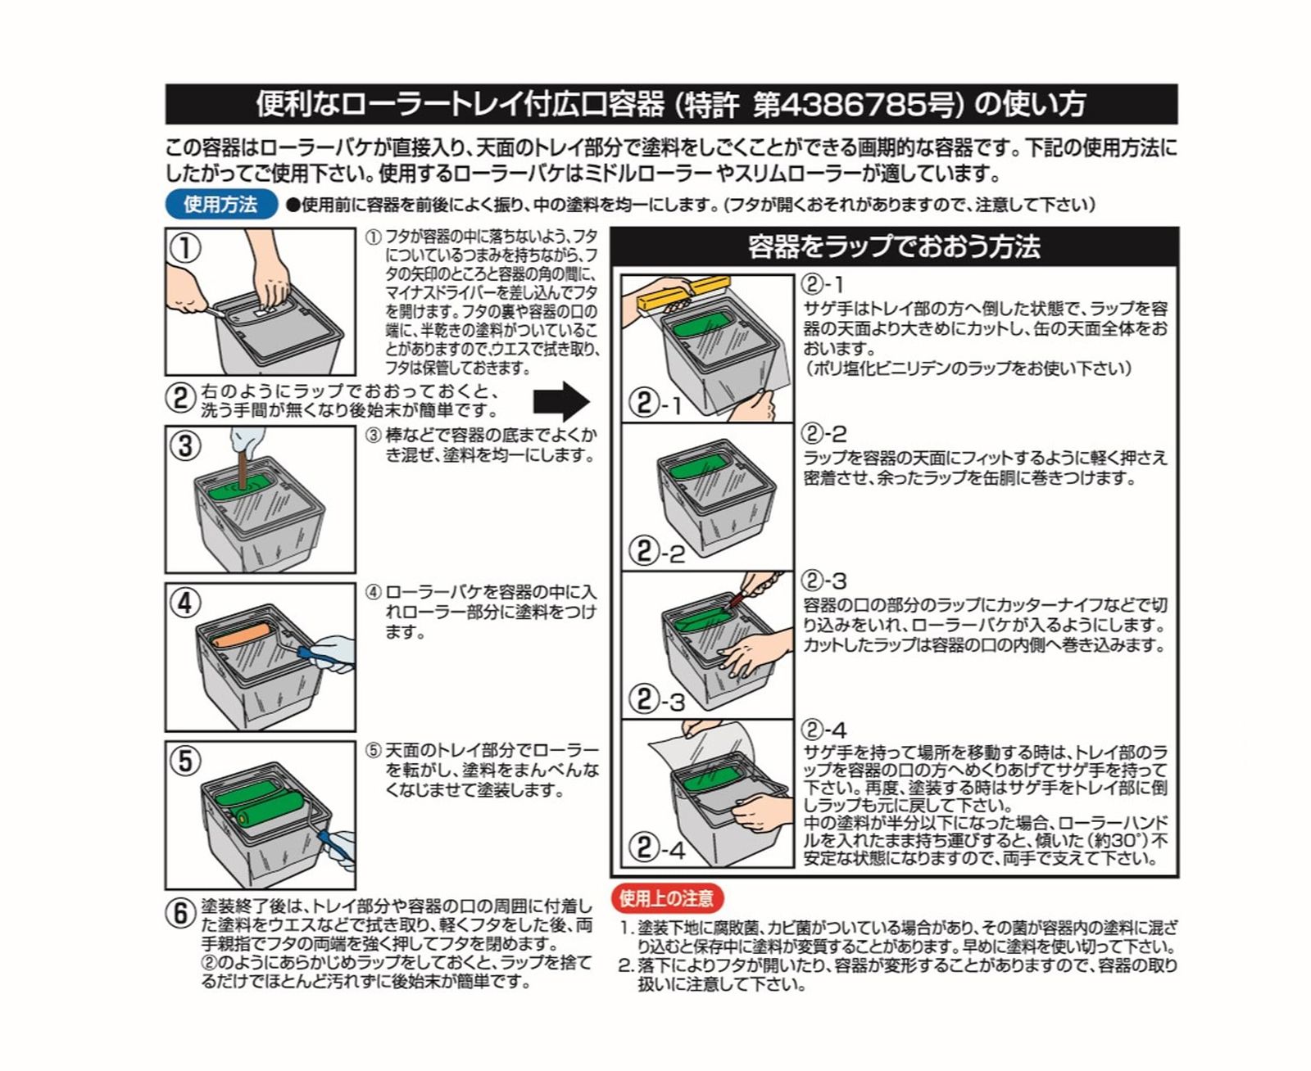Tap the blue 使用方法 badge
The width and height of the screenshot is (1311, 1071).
pyautogui.click(x=220, y=204)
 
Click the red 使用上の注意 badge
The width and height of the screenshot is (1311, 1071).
pyautogui.click(x=666, y=898)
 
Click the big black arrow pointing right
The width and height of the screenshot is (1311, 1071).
pyautogui.click(x=560, y=402)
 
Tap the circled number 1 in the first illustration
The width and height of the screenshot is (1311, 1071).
pyautogui.click(x=185, y=248)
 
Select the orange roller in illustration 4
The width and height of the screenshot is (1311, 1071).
pyautogui.click(x=243, y=635)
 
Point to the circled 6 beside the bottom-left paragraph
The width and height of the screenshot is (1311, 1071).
pyautogui.click(x=181, y=913)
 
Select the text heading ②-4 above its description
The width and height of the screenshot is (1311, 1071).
pyautogui.click(x=823, y=730)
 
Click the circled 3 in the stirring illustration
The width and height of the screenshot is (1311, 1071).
pyautogui.click(x=185, y=446)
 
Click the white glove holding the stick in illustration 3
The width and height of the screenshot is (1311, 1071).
pyautogui.click(x=246, y=440)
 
